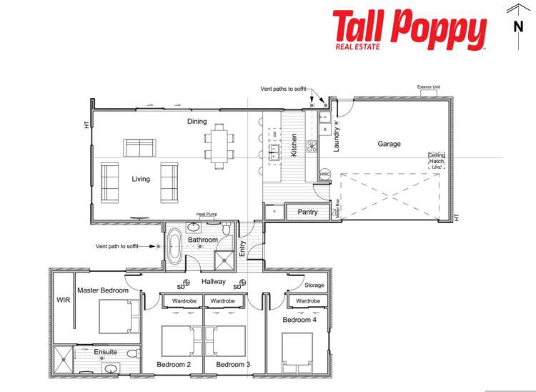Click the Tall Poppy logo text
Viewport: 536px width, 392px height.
click(410, 29)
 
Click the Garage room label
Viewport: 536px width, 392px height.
click(389, 144)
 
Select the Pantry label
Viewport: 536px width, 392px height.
click(307, 212)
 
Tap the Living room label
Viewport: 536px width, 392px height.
click(141, 179)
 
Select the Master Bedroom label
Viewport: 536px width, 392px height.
click(103, 290)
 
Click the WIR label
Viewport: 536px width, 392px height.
click(61, 300)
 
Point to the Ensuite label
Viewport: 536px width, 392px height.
click(105, 352)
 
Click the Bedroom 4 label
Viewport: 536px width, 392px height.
click(298, 320)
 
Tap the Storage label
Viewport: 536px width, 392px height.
click(314, 285)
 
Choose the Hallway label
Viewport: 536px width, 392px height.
click(214, 282)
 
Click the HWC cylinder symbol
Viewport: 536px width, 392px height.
click(325, 174)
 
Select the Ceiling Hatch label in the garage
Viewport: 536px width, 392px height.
click(437, 159)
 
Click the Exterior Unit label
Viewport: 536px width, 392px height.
click(429, 87)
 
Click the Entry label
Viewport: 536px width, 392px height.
click(243, 248)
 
